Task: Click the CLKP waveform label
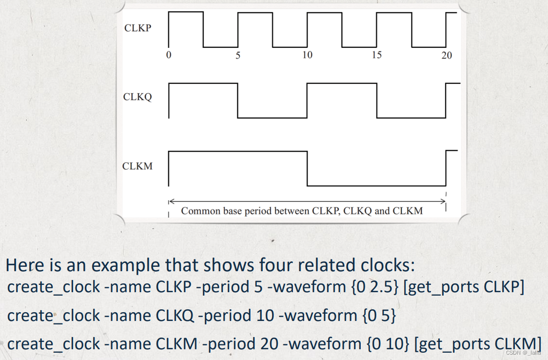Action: pos(137,28)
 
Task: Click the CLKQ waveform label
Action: pos(137,97)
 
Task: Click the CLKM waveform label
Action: pos(137,166)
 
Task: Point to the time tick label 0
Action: pos(169,55)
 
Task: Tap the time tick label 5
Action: pos(238,55)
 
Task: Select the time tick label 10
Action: pos(307,55)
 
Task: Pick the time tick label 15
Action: pos(376,55)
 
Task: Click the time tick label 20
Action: pos(447,56)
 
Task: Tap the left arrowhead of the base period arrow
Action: pos(170,201)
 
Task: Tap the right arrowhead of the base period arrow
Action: pos(444,201)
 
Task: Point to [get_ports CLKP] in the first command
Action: pos(464,287)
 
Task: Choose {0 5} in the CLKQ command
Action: pos(379,316)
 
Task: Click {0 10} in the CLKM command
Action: pos(388,344)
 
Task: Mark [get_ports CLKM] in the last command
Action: pos(478,344)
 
